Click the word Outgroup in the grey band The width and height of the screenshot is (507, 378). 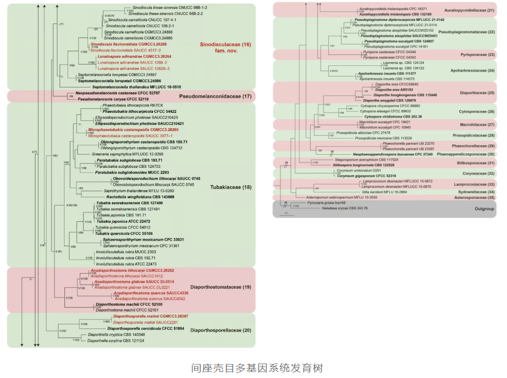(483, 209)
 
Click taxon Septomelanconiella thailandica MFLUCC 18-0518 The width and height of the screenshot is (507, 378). (125, 87)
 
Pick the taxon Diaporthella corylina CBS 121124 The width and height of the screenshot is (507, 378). (109, 341)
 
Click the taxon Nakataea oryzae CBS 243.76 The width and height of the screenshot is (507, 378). (345, 208)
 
